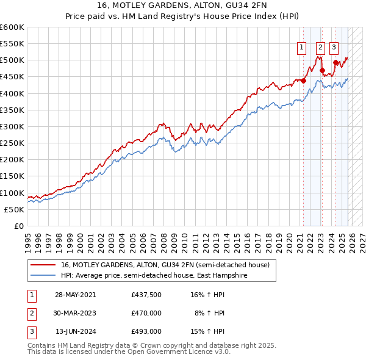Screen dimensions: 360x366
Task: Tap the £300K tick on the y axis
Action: [12, 126]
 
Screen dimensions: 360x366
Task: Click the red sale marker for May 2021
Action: [303, 81]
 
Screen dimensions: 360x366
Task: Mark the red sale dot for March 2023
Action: [322, 70]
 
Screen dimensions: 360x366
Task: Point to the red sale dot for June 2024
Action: [335, 62]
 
